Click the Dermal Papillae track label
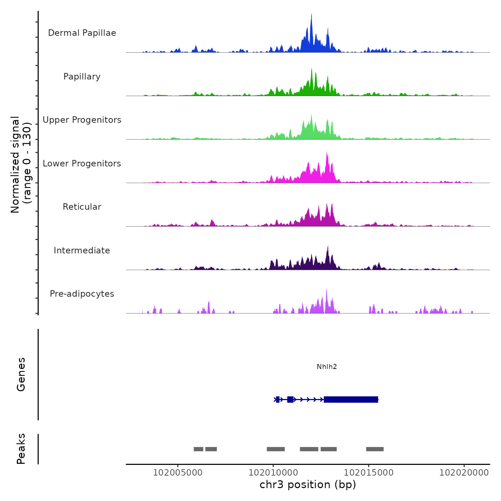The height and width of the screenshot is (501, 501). [x=82, y=33]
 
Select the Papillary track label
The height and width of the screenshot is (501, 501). [x=82, y=77]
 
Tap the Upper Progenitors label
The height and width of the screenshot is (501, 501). [x=82, y=120]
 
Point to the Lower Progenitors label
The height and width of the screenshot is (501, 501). [x=82, y=164]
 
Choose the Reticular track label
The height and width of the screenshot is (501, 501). [x=82, y=207]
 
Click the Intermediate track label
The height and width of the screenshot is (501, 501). [x=82, y=250]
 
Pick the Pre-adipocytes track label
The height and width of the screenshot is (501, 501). [x=82, y=294]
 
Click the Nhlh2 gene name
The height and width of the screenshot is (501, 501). [x=327, y=366]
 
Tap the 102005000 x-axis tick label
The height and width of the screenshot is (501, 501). [x=178, y=473]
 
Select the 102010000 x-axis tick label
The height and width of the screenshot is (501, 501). [x=273, y=473]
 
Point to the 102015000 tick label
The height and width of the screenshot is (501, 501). [x=369, y=473]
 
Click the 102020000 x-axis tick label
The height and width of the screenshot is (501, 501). [x=464, y=473]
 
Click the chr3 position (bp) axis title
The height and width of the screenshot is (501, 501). [x=308, y=485]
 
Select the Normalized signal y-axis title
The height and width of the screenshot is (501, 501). [x=21, y=164]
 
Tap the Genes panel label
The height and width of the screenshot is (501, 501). [x=21, y=374]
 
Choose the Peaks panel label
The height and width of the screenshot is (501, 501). [x=21, y=449]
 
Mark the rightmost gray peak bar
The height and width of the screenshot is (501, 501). [x=375, y=449]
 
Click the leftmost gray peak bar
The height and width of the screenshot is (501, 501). [x=198, y=449]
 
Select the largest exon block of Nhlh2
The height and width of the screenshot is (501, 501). [x=351, y=399]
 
